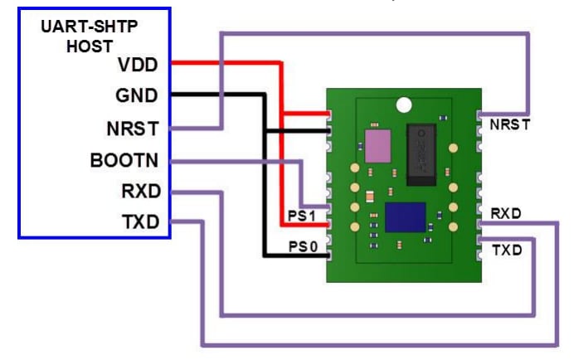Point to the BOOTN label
(124, 160)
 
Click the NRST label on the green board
(509, 125)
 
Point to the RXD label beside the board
(506, 213)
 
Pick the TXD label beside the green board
(507, 249)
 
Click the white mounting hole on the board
(404, 105)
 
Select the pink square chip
(378, 145)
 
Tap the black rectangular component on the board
(422, 152)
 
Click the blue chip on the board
(406, 219)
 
